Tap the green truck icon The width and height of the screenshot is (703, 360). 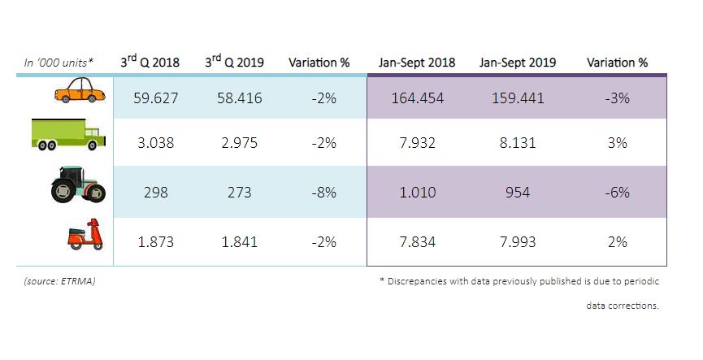click(68, 135)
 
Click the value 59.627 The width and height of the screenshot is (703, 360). click(155, 98)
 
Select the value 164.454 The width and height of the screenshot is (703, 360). click(417, 98)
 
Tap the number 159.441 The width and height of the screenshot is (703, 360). click(518, 98)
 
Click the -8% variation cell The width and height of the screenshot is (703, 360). click(319, 193)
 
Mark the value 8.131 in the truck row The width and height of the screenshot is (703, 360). click(518, 143)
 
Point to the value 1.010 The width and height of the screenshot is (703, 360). click(417, 193)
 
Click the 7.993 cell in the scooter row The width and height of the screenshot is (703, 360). click(518, 242)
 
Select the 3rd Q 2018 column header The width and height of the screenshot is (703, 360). click(150, 62)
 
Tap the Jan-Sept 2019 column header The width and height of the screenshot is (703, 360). click(518, 63)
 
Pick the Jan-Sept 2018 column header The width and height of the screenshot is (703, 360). click(417, 63)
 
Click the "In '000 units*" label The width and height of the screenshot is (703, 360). click(58, 63)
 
